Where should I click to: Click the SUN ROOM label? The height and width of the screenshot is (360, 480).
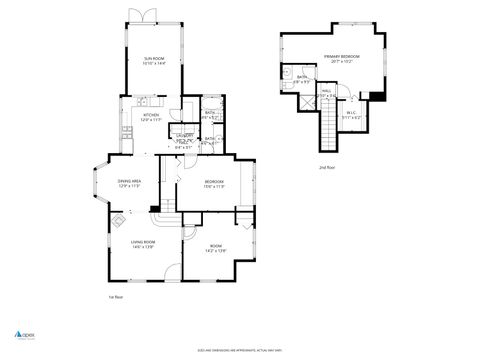coord(153,61)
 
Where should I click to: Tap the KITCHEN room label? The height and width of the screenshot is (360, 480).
coord(151,117)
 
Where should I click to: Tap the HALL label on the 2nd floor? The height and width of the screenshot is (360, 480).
coord(326,93)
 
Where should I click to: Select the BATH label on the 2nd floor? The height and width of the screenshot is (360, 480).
coord(302,79)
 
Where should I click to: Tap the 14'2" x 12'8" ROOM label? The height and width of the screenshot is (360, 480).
coord(215,247)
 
